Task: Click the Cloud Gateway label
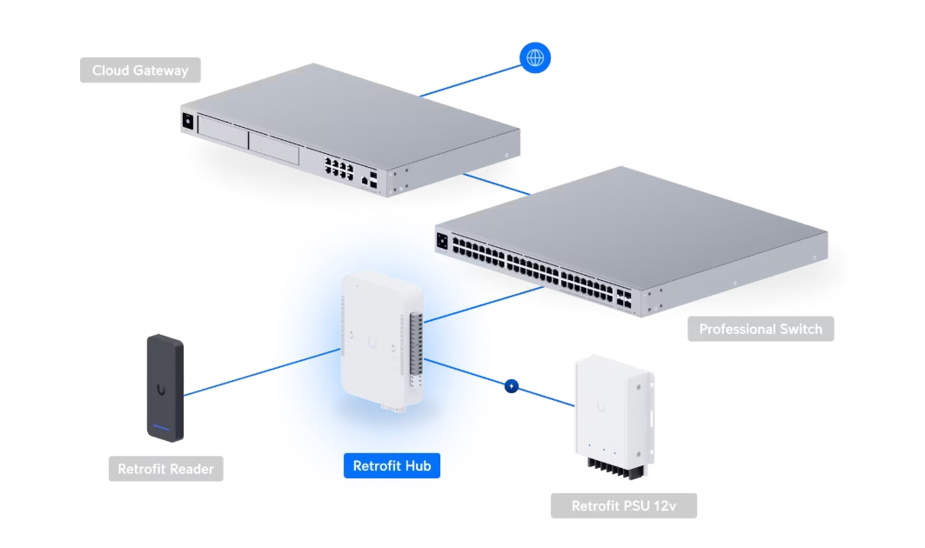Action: (140, 70)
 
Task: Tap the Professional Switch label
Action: (761, 329)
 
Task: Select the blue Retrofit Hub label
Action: (392, 466)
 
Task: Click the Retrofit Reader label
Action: (165, 469)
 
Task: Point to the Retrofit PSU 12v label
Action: (623, 505)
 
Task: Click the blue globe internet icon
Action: (535, 58)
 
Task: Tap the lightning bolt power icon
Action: (512, 385)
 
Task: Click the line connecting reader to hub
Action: (261, 373)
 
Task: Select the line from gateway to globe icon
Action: (470, 78)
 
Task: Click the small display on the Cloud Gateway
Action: (186, 122)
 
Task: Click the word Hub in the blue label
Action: (419, 466)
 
